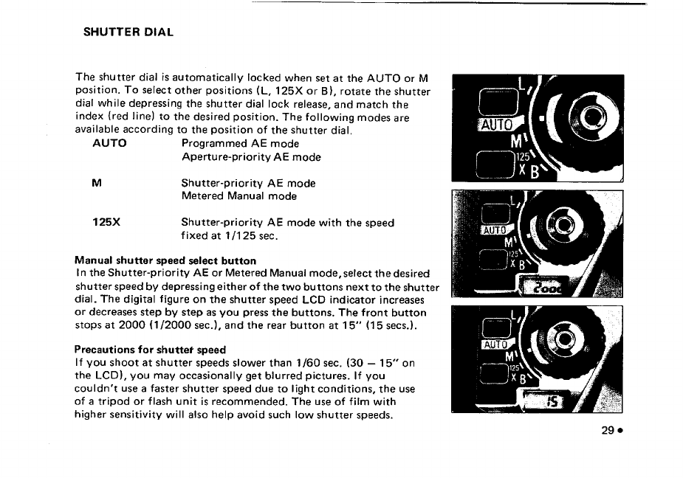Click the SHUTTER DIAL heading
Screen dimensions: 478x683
[x=128, y=32]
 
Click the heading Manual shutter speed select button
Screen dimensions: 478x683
[x=165, y=260]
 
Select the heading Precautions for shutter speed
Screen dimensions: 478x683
[x=150, y=349]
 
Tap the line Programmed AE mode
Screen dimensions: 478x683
[x=240, y=143]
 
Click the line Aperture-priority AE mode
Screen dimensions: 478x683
[x=251, y=156]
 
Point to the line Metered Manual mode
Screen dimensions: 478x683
[x=239, y=196]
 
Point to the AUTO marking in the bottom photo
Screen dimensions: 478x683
[x=495, y=344]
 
